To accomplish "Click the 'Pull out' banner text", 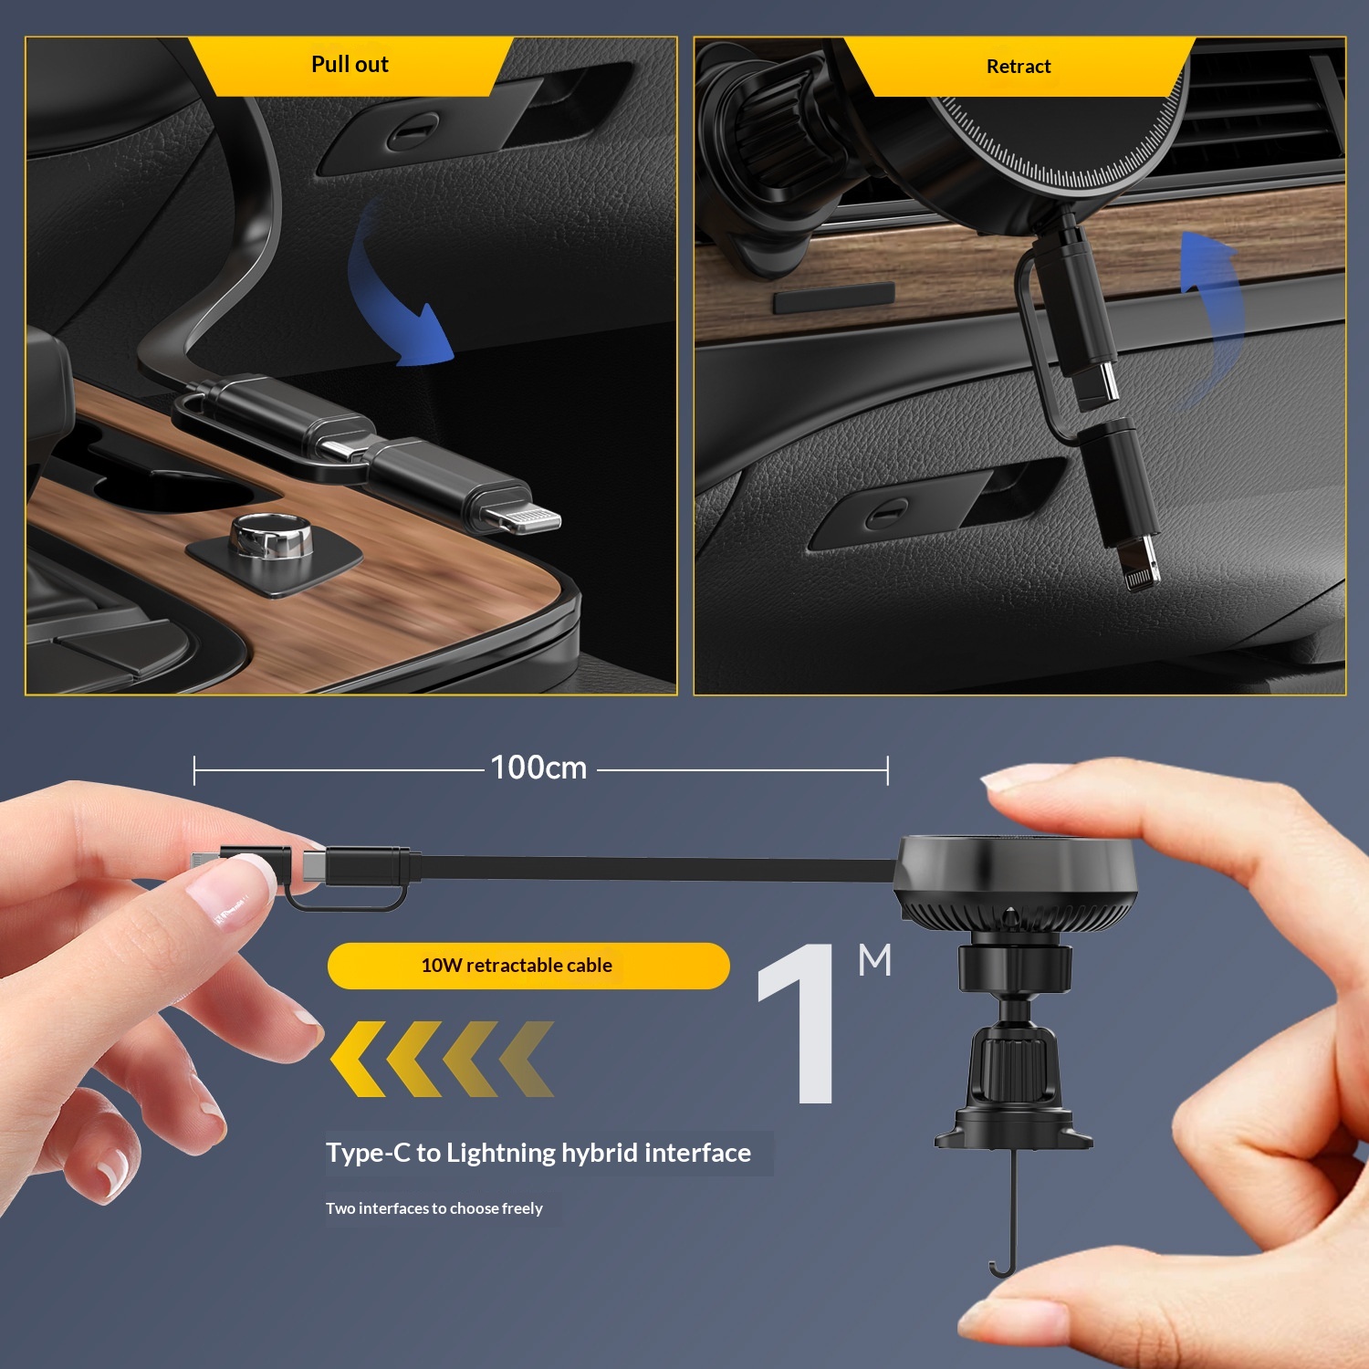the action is pos(350,65).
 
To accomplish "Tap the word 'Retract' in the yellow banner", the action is pos(1019,67).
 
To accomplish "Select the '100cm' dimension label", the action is pos(538,768).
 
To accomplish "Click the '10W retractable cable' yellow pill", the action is pos(528,966).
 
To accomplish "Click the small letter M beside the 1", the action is pos(875,960).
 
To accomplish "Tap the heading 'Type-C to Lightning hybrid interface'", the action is pos(538,1153).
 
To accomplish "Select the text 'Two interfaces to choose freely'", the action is pos(434,1208).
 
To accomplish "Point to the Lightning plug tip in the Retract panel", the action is pos(1137,564).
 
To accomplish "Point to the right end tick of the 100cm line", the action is pos(887,770).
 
